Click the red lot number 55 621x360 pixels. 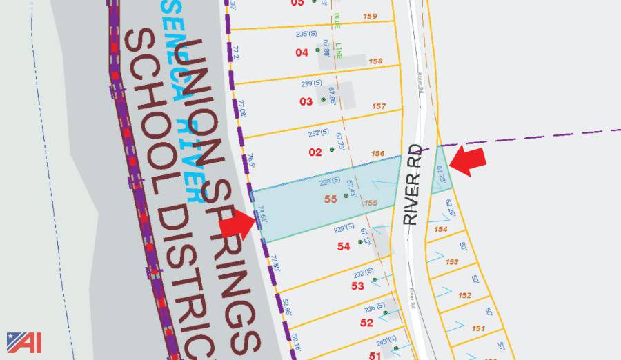coord(330,199)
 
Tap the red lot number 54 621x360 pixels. coord(344,246)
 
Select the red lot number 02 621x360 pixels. coord(315,152)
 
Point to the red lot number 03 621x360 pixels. coord(306,101)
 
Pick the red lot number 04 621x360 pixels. coord(302,52)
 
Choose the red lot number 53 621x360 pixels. coord(357,286)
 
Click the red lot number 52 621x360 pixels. coord(366,322)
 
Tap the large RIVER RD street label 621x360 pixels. coord(412,184)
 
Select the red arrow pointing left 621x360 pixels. coord(467,161)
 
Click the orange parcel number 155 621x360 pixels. coord(371,203)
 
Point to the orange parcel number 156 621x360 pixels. coord(377,154)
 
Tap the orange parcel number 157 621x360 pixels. coord(378,106)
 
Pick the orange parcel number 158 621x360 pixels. coord(375,61)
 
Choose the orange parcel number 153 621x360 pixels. coord(452,262)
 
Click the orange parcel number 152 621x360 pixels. coord(464,295)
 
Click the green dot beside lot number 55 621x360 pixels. coord(346,197)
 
